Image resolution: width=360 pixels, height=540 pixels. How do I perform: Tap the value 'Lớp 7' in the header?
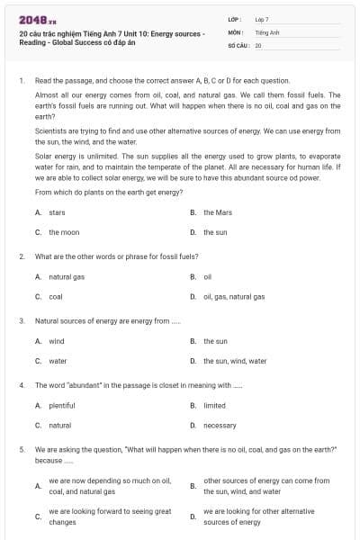tap(262, 18)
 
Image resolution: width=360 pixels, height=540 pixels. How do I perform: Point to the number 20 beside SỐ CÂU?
tap(258, 44)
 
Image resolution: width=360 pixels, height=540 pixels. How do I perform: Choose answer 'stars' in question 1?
tap(57, 212)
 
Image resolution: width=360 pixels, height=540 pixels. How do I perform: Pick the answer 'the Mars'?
tap(217, 212)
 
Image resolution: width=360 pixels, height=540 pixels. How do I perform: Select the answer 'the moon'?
tap(64, 232)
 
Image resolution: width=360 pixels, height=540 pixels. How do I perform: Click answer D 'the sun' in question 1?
tap(214, 232)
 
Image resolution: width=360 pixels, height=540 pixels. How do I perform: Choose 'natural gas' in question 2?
tap(66, 276)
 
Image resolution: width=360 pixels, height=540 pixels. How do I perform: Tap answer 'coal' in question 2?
tap(56, 296)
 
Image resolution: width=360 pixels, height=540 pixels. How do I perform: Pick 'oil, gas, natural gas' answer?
tap(234, 296)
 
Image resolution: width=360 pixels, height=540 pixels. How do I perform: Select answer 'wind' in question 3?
tap(57, 341)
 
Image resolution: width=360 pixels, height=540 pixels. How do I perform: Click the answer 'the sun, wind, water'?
tap(234, 361)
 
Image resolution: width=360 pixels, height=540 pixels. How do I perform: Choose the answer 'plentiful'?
tap(61, 405)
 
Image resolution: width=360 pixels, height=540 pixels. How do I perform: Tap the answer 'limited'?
tap(214, 405)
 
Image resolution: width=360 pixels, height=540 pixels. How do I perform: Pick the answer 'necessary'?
tap(220, 425)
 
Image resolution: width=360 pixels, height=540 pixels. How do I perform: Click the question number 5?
tap(21, 447)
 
